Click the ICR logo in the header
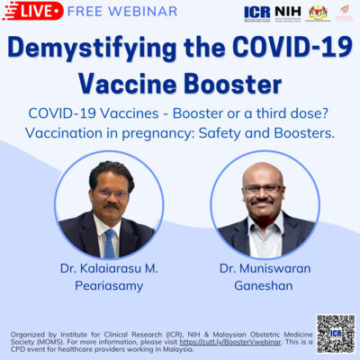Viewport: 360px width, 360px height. [x=256, y=13]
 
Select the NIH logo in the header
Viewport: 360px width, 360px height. [x=286, y=13]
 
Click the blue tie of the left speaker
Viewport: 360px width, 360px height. [x=109, y=242]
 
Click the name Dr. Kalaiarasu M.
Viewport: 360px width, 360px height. [x=108, y=268]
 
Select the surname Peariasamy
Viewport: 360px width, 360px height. [x=108, y=286]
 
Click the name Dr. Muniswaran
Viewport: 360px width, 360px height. [x=264, y=268]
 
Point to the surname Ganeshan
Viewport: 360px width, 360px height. [x=264, y=286]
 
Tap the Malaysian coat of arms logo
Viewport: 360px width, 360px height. [x=319, y=13]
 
